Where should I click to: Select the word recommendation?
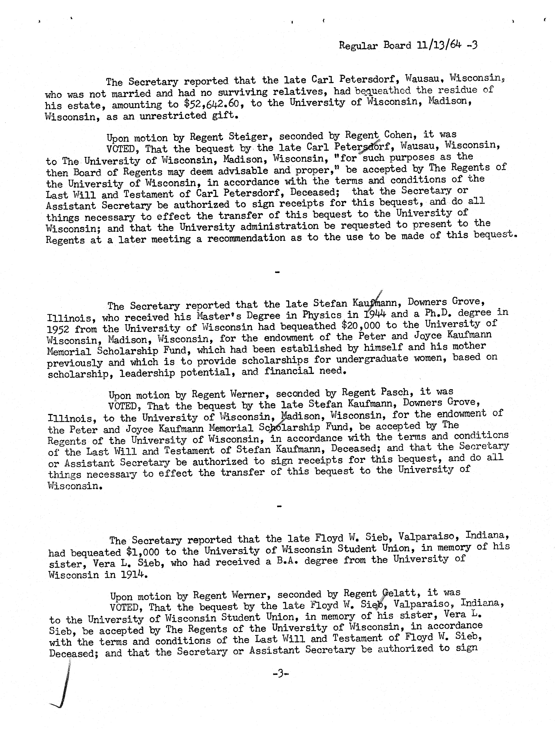coord(246,238)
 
